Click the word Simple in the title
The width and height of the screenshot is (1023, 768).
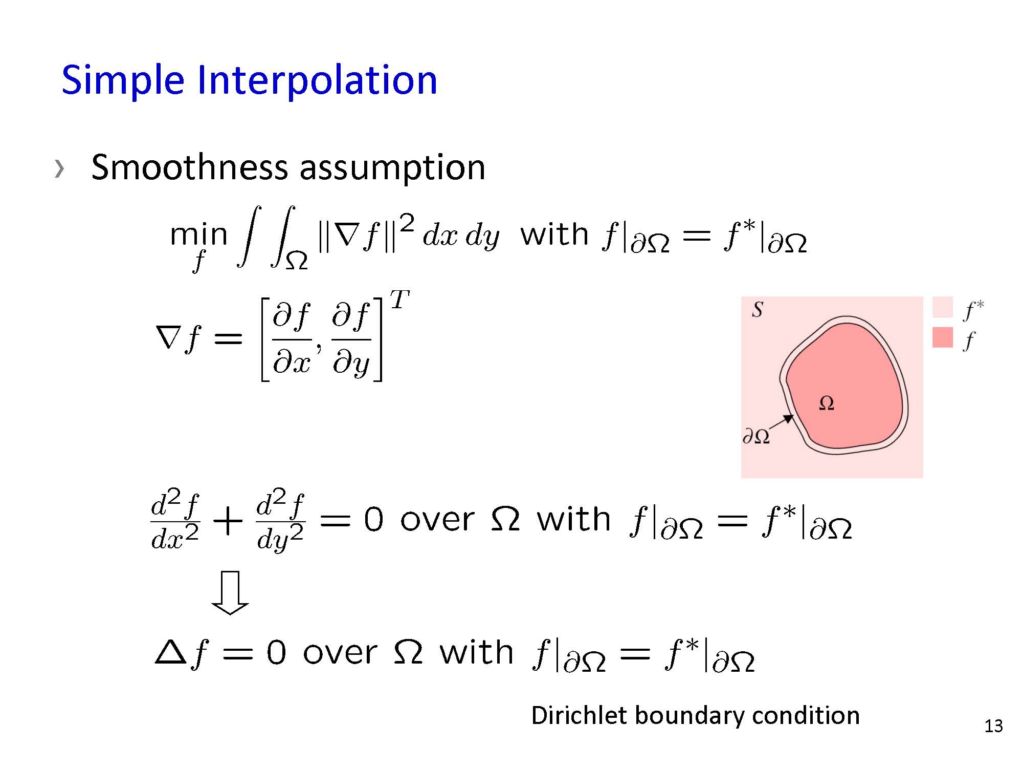click(x=123, y=81)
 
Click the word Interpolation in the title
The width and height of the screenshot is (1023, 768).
click(x=317, y=80)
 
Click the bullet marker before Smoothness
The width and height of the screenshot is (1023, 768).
click(x=59, y=168)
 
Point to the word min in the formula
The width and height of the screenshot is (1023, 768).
click(x=198, y=235)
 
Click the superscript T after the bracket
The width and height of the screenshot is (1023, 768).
click(x=399, y=300)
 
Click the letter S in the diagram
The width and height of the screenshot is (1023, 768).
click(x=758, y=309)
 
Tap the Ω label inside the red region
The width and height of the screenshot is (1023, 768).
click(x=827, y=403)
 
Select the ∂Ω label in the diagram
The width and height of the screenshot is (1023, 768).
click(x=756, y=436)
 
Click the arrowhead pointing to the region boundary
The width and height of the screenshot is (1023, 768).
click(x=788, y=418)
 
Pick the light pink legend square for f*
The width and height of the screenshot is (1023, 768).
click(x=943, y=307)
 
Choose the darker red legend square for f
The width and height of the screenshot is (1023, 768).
click(x=943, y=337)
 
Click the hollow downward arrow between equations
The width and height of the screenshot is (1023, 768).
click(x=230, y=592)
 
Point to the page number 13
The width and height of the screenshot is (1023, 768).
click(x=993, y=726)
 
